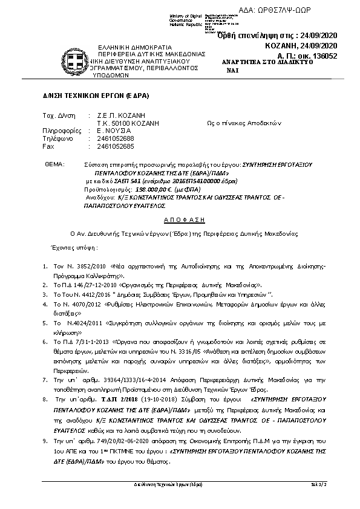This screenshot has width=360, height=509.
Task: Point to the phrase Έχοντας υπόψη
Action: tap(67, 248)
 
